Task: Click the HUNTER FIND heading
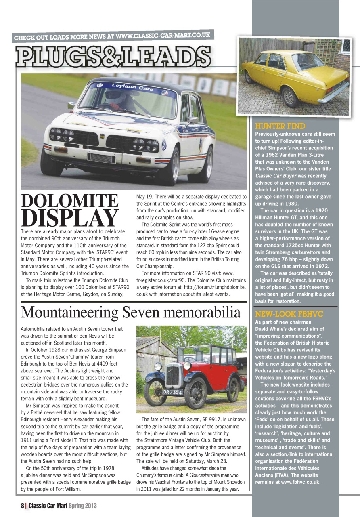tap(280, 126)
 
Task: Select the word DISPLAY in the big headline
tap(69, 219)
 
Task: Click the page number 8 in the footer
tap(23, 506)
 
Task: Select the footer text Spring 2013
tap(82, 506)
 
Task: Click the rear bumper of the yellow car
tap(333, 92)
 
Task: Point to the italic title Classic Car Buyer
tap(278, 176)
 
